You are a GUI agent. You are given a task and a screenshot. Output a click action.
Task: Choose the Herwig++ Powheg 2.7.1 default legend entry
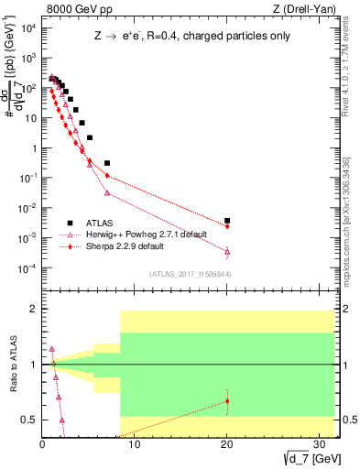(x=136, y=234)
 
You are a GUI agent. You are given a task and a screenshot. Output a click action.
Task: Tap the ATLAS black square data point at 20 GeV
(x=227, y=221)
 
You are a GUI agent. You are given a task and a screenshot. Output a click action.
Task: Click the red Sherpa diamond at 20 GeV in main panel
(x=227, y=226)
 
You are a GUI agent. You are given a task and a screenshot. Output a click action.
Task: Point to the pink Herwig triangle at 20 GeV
(x=227, y=251)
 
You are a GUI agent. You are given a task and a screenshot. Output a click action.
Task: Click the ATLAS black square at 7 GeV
(x=107, y=163)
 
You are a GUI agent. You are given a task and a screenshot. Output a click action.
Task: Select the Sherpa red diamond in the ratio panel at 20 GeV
(x=227, y=401)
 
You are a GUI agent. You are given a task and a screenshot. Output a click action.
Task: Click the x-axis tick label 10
(x=135, y=444)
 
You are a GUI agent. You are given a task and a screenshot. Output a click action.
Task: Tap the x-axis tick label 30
(x=320, y=444)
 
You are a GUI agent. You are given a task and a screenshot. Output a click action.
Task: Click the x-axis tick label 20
(x=227, y=444)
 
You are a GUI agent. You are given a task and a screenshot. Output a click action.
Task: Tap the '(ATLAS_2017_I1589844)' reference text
(x=190, y=273)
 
